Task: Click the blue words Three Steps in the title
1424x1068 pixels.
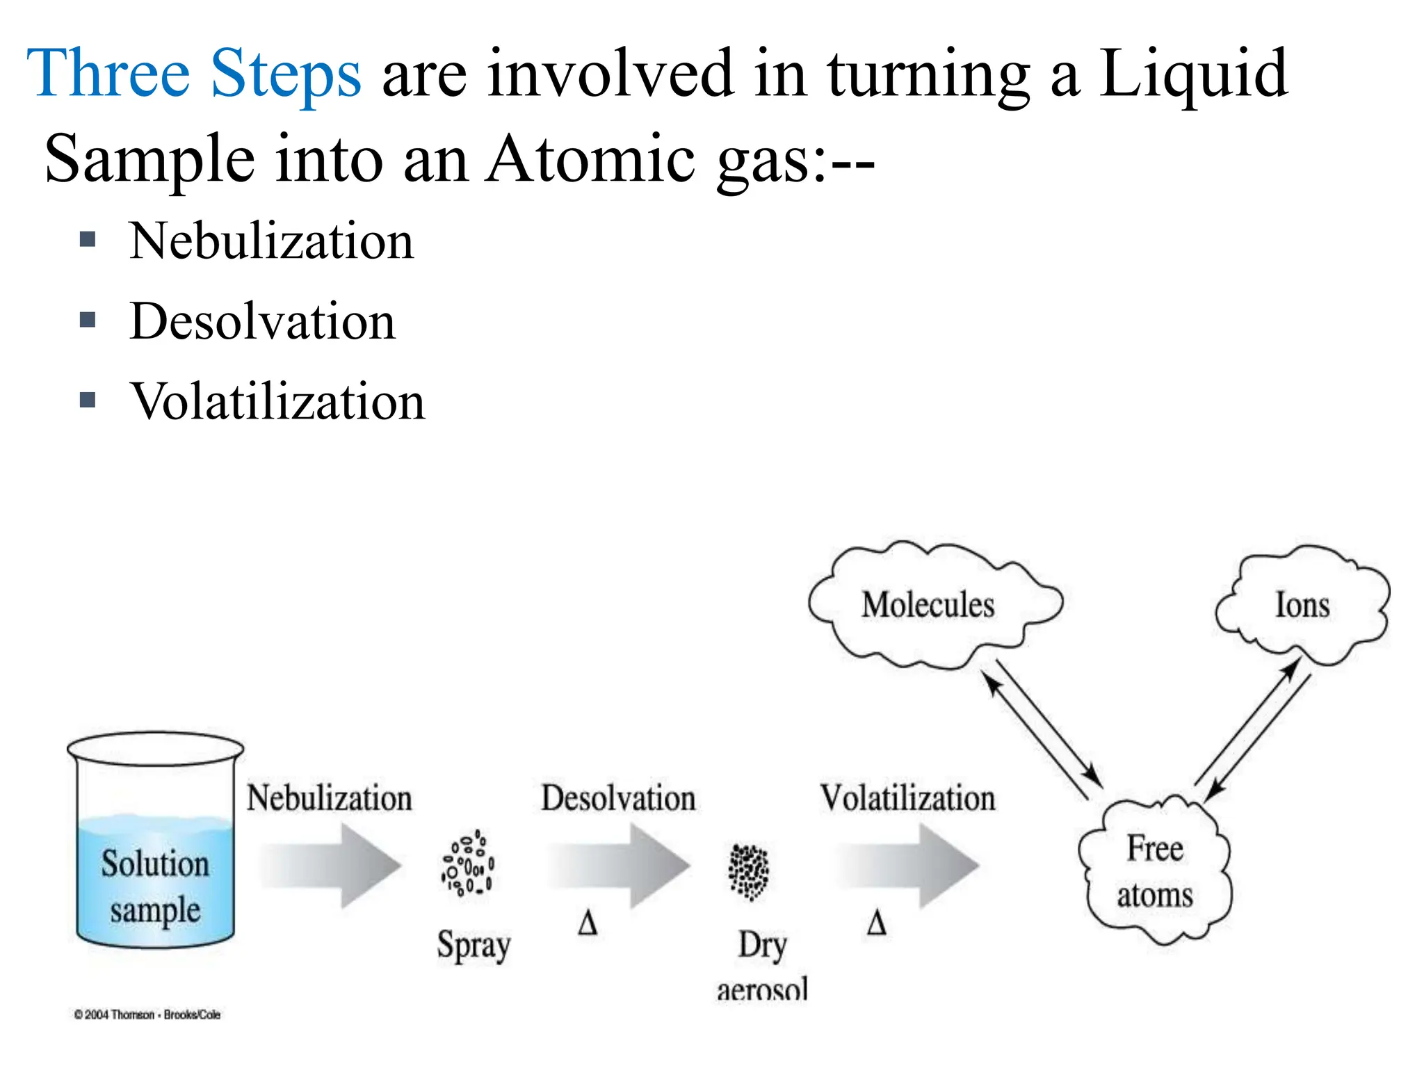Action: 193,74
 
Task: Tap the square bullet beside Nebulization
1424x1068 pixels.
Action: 88,240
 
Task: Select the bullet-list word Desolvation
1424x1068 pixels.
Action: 262,322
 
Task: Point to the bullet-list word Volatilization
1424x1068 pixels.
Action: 277,402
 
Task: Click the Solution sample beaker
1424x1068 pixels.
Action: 155,841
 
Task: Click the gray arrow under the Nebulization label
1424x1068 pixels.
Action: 332,866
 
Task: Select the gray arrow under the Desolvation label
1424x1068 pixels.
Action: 619,866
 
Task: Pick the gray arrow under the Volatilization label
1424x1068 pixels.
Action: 908,866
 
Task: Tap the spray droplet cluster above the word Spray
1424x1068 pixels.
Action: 468,864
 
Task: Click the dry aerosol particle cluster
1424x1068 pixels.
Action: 748,871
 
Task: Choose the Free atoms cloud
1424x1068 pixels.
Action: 1155,871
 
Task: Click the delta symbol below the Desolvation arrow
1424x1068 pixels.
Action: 588,924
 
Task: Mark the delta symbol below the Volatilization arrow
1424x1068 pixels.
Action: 877,924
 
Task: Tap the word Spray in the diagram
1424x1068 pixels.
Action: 474,946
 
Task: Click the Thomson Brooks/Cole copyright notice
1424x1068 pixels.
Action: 147,1015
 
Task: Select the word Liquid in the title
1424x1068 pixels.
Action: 1193,74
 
